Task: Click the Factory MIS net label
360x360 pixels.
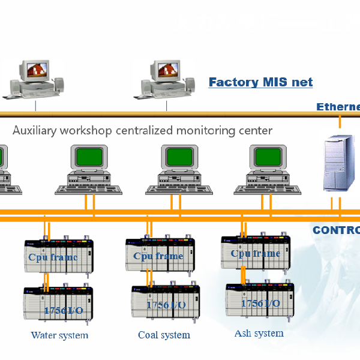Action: point(260,82)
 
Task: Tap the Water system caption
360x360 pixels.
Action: point(59,335)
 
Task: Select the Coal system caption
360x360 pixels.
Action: point(164,335)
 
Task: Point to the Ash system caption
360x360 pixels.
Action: point(259,333)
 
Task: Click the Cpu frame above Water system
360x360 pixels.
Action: point(59,256)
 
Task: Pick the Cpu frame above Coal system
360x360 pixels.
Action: point(158,255)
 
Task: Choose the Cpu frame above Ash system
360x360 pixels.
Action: point(256,252)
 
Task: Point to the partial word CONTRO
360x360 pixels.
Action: point(337,230)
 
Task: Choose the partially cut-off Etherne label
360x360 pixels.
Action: point(338,107)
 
